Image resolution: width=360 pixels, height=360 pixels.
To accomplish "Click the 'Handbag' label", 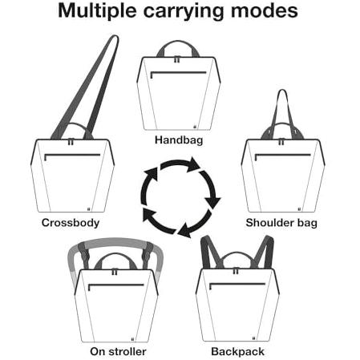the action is pyautogui.click(x=179, y=140).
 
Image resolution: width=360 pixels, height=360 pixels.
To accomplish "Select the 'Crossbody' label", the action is pyautogui.click(x=71, y=223).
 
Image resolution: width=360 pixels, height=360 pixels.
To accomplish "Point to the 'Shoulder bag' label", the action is pyautogui.click(x=281, y=223).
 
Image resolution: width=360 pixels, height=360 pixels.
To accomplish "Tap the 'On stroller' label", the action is pyautogui.click(x=118, y=352).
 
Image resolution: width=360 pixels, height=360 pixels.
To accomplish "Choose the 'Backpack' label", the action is pyautogui.click(x=237, y=352).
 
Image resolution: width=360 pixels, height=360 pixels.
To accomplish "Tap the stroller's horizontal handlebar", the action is pyautogui.click(x=115, y=241).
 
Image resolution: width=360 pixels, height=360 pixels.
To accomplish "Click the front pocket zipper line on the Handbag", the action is pyautogui.click(x=179, y=72).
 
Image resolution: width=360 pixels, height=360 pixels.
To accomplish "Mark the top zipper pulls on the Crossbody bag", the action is pyautogui.click(x=71, y=142).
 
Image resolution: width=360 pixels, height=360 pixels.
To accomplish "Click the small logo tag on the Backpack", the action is pyautogui.click(x=253, y=338).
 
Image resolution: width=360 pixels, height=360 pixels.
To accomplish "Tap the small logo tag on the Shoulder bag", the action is pyautogui.click(x=300, y=209).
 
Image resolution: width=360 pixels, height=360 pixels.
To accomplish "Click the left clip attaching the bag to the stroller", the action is pyautogui.click(x=84, y=254).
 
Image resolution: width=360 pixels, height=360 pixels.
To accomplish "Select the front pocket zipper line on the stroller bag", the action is pyautogui.click(x=116, y=285).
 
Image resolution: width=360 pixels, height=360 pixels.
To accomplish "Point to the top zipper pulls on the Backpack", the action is pyautogui.click(x=236, y=271).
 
